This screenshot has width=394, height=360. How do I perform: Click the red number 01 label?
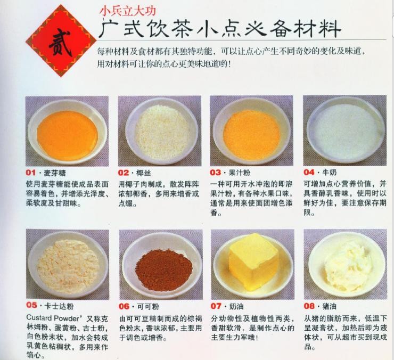pos(31,173)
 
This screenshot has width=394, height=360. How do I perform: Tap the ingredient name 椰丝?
pos(143,173)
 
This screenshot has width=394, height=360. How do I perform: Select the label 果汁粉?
pos(240,173)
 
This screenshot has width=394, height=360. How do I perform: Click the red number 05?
pos(31,305)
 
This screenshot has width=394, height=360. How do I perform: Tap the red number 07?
pos(216,306)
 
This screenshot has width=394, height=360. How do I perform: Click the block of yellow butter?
pos(253,261)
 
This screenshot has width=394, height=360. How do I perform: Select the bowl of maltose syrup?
pos(67,132)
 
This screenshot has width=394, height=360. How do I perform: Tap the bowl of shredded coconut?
pos(161,131)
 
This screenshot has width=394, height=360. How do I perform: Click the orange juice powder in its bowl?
pos(251,135)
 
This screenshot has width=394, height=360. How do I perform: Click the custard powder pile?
pos(68,266)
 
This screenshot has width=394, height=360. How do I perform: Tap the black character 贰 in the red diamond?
pos(60,42)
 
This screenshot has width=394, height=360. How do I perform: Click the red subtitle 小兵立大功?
pos(128,11)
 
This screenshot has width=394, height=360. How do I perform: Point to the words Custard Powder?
pos(53,318)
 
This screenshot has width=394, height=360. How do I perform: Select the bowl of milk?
pos(345,130)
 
